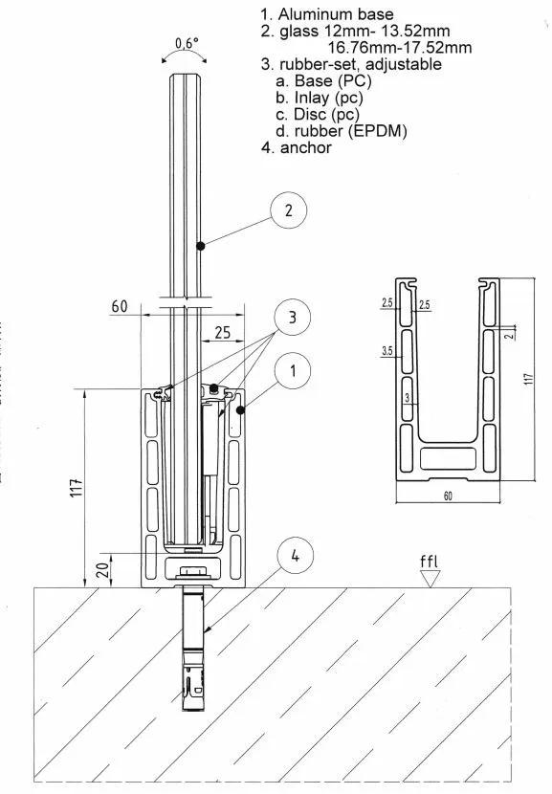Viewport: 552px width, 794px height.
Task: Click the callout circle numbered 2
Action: point(288,211)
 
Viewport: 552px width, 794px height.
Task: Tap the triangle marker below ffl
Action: point(432,578)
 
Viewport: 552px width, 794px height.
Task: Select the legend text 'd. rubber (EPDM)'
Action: point(341,131)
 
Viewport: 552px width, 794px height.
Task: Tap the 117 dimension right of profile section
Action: point(528,378)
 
